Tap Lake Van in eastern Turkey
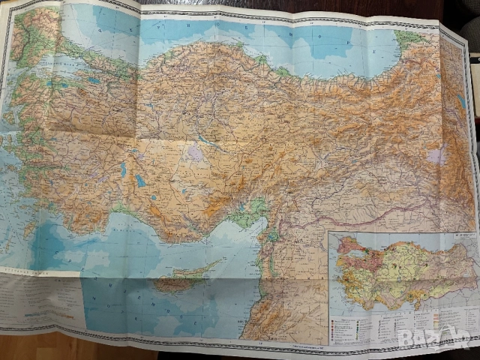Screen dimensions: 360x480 [x=437, y=156]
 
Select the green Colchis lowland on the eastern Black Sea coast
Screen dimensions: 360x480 [x=409, y=37]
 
